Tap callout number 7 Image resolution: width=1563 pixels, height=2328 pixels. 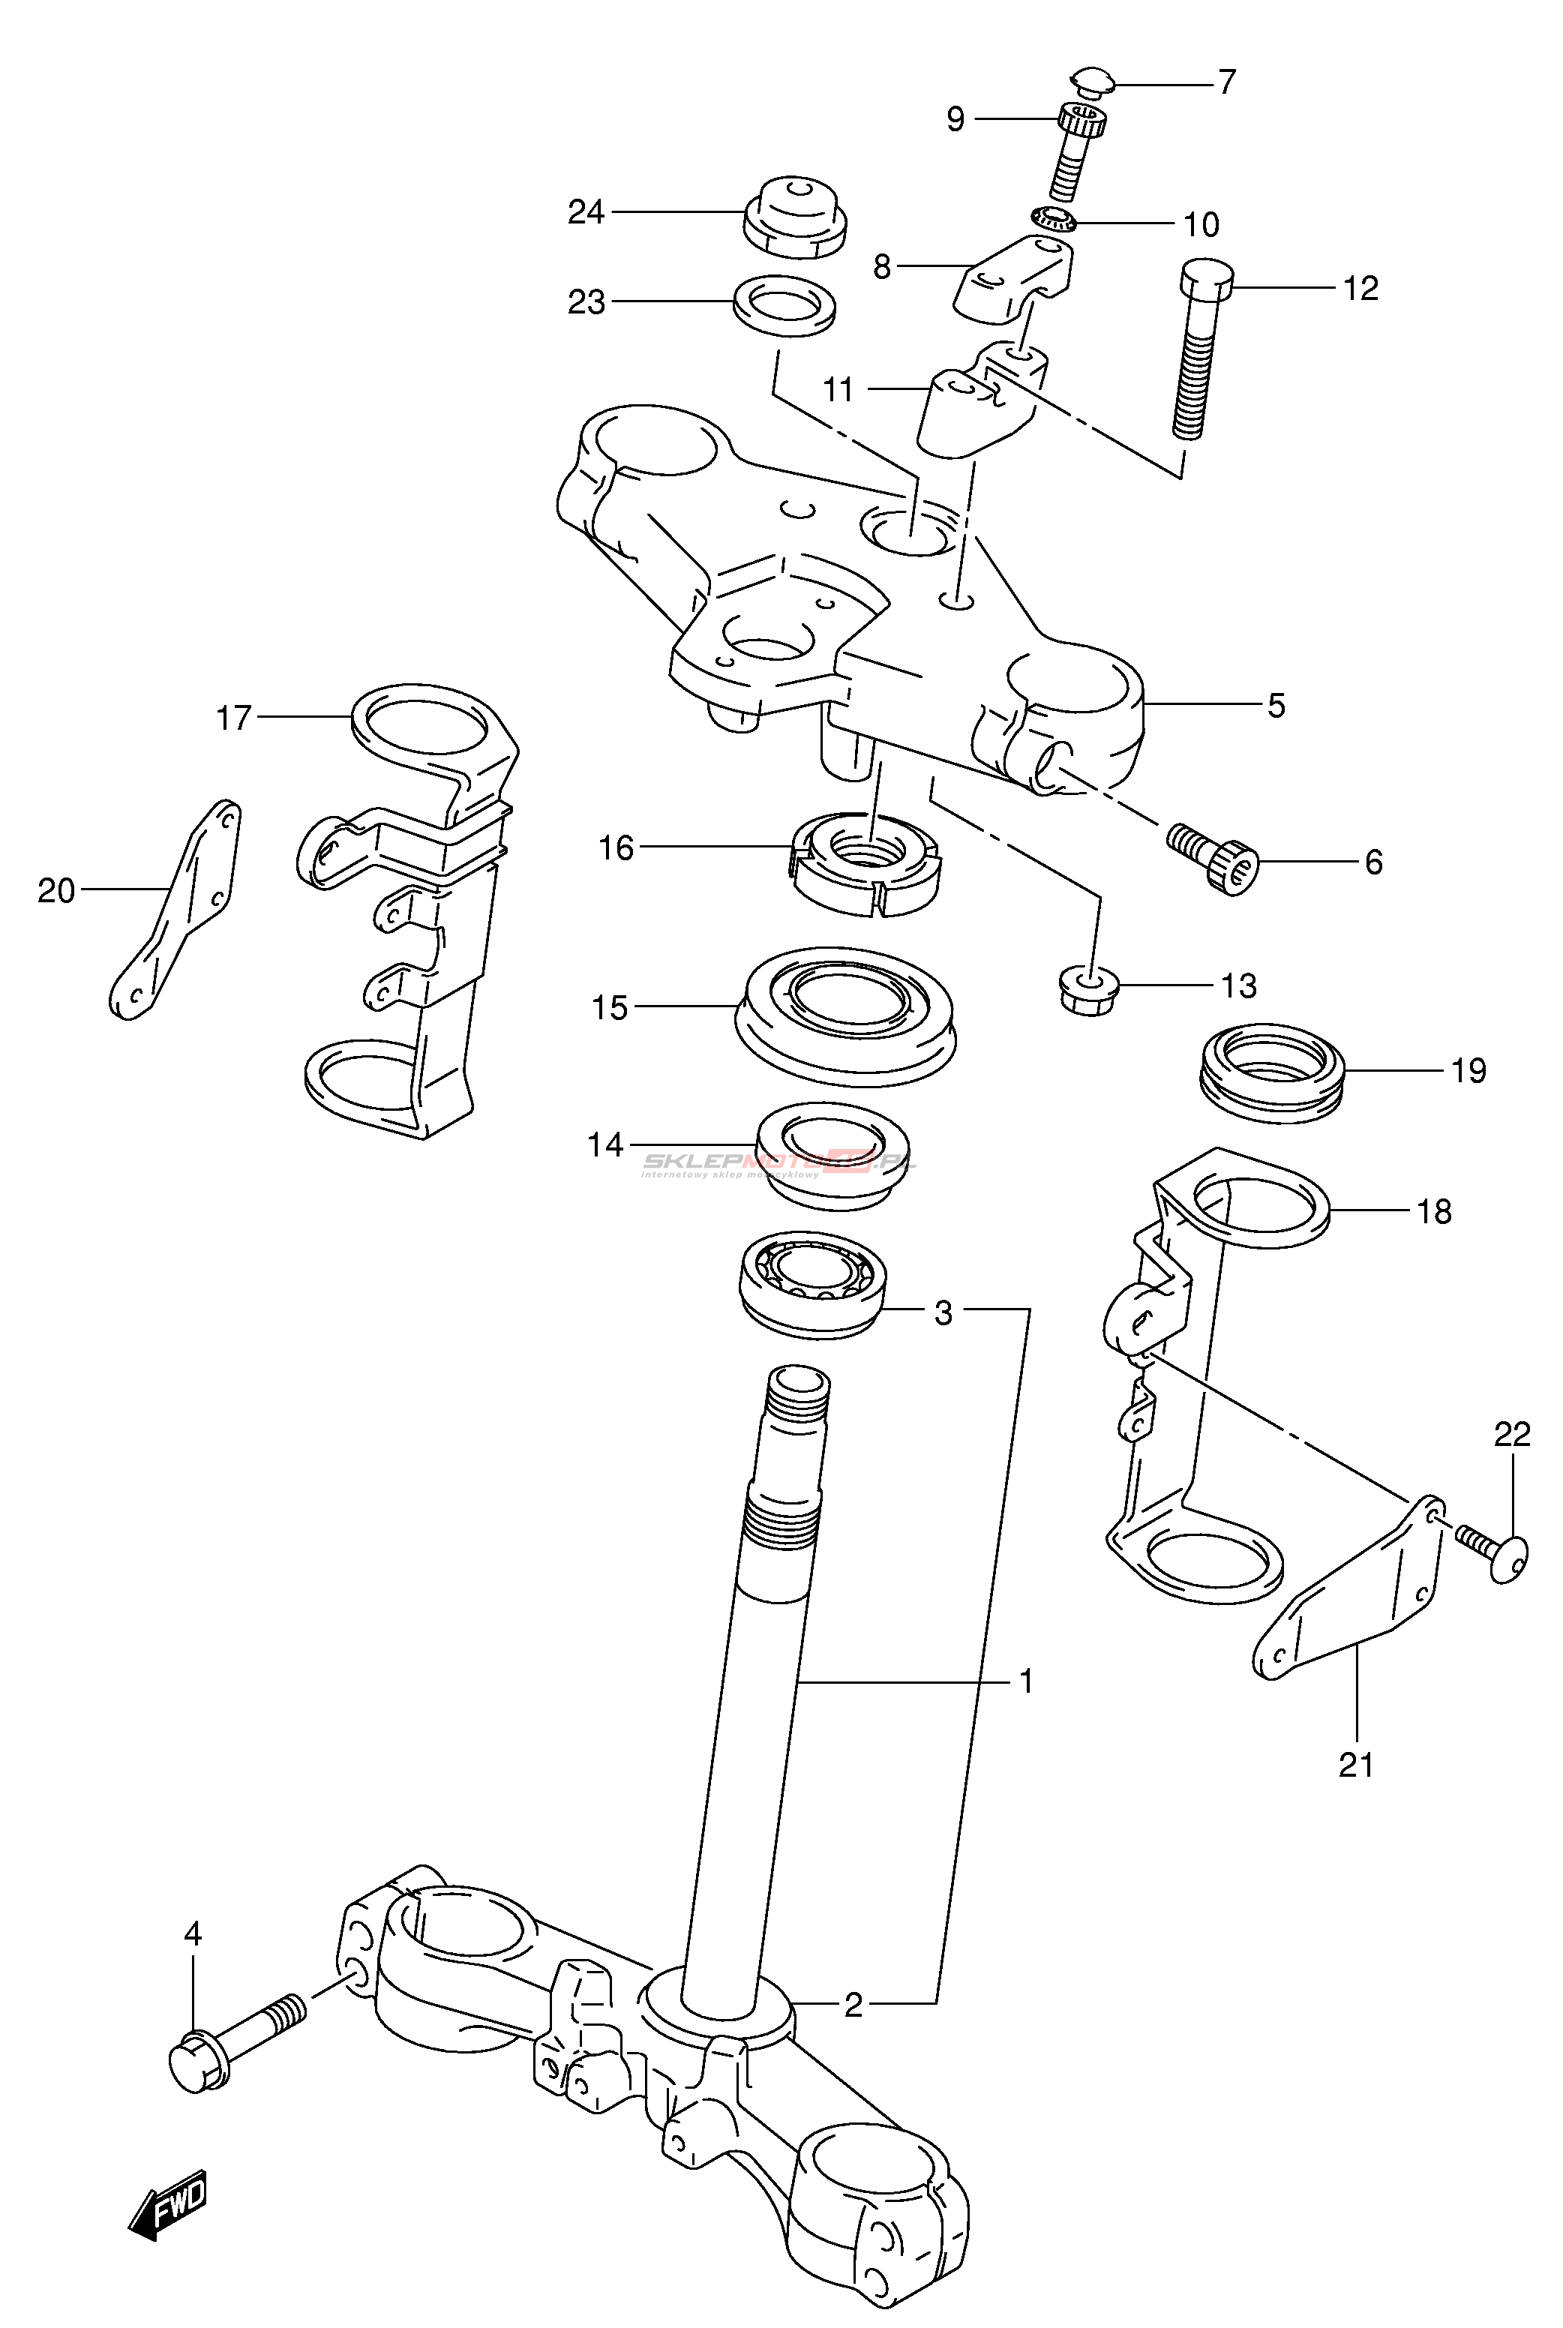1227,82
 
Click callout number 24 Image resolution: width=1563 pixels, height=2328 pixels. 586,212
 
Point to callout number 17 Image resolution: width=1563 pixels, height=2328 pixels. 234,718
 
